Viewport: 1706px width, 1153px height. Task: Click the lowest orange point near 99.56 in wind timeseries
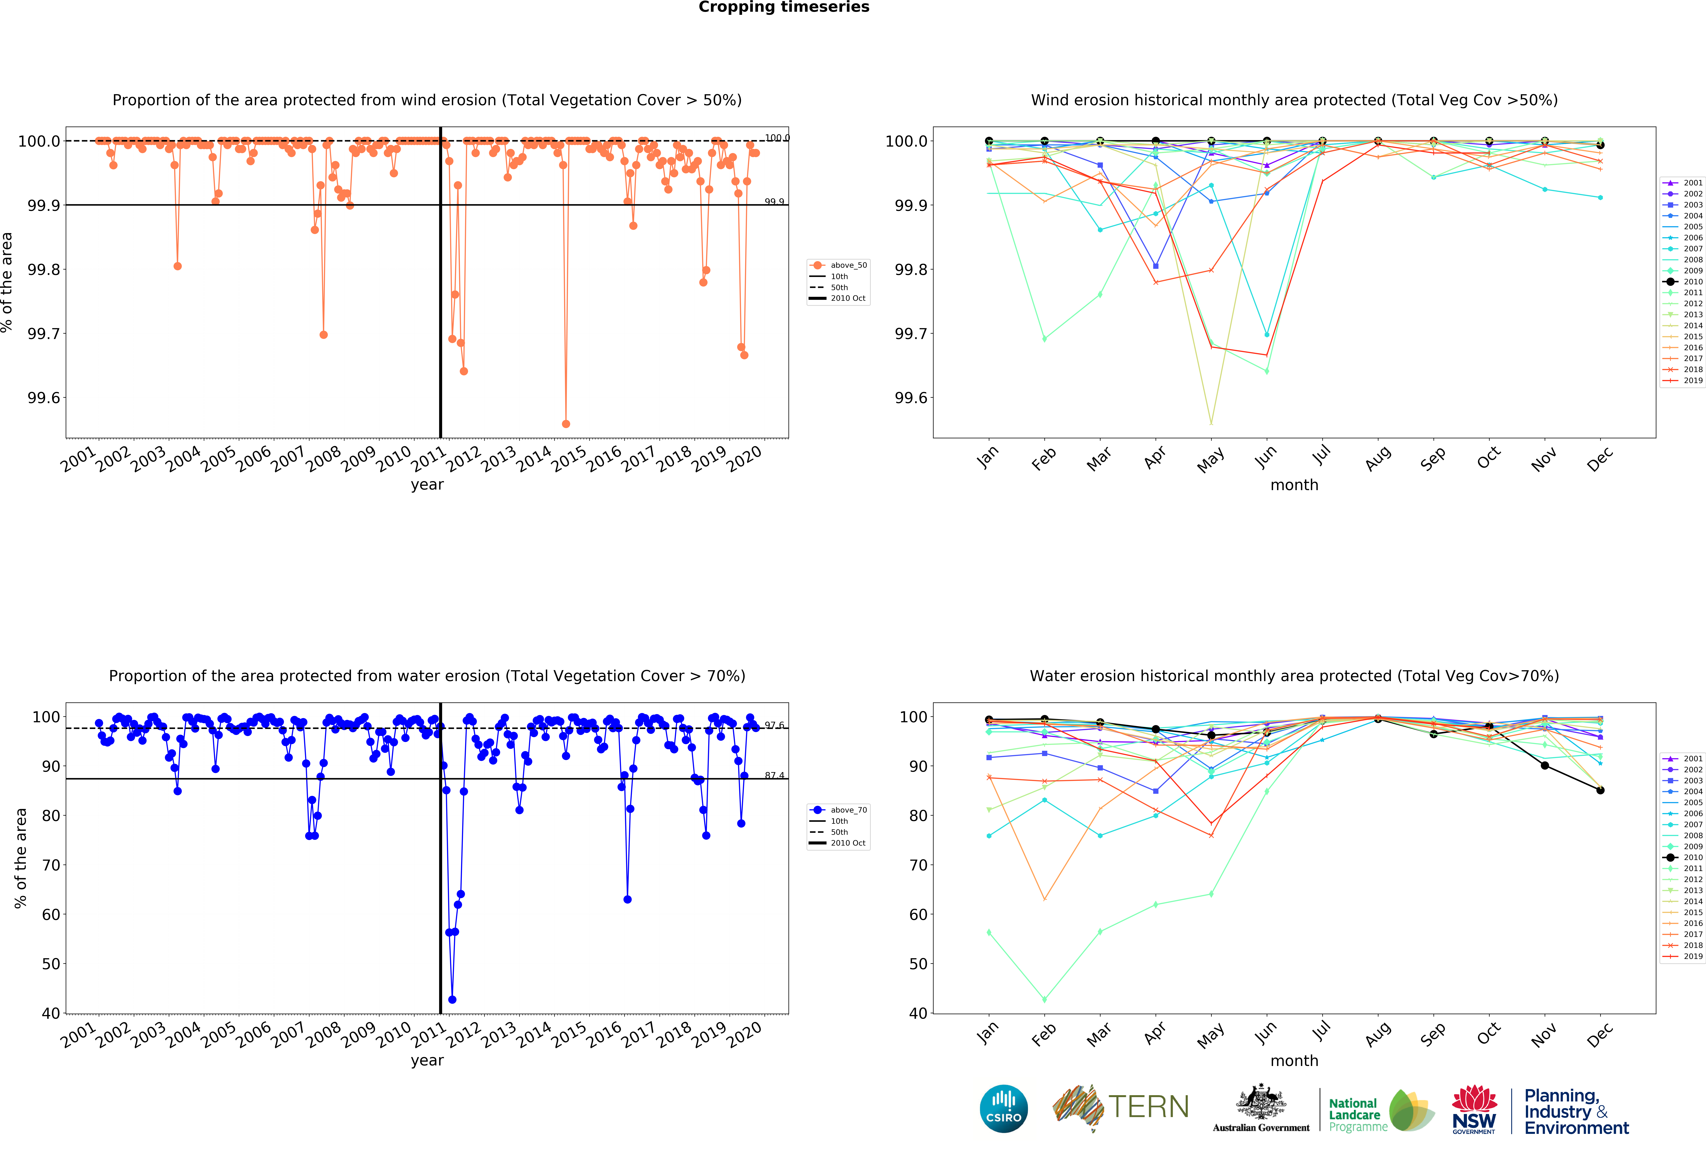pos(565,424)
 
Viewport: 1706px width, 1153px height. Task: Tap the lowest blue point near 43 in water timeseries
pos(452,1000)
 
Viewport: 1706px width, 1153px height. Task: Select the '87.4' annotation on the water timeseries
pos(774,776)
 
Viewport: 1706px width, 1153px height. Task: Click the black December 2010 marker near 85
pos(1600,790)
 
